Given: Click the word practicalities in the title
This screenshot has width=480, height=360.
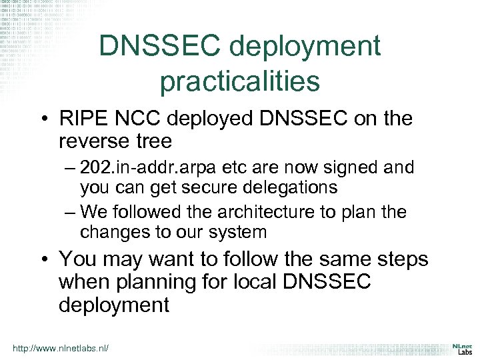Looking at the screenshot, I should click(239, 81).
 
